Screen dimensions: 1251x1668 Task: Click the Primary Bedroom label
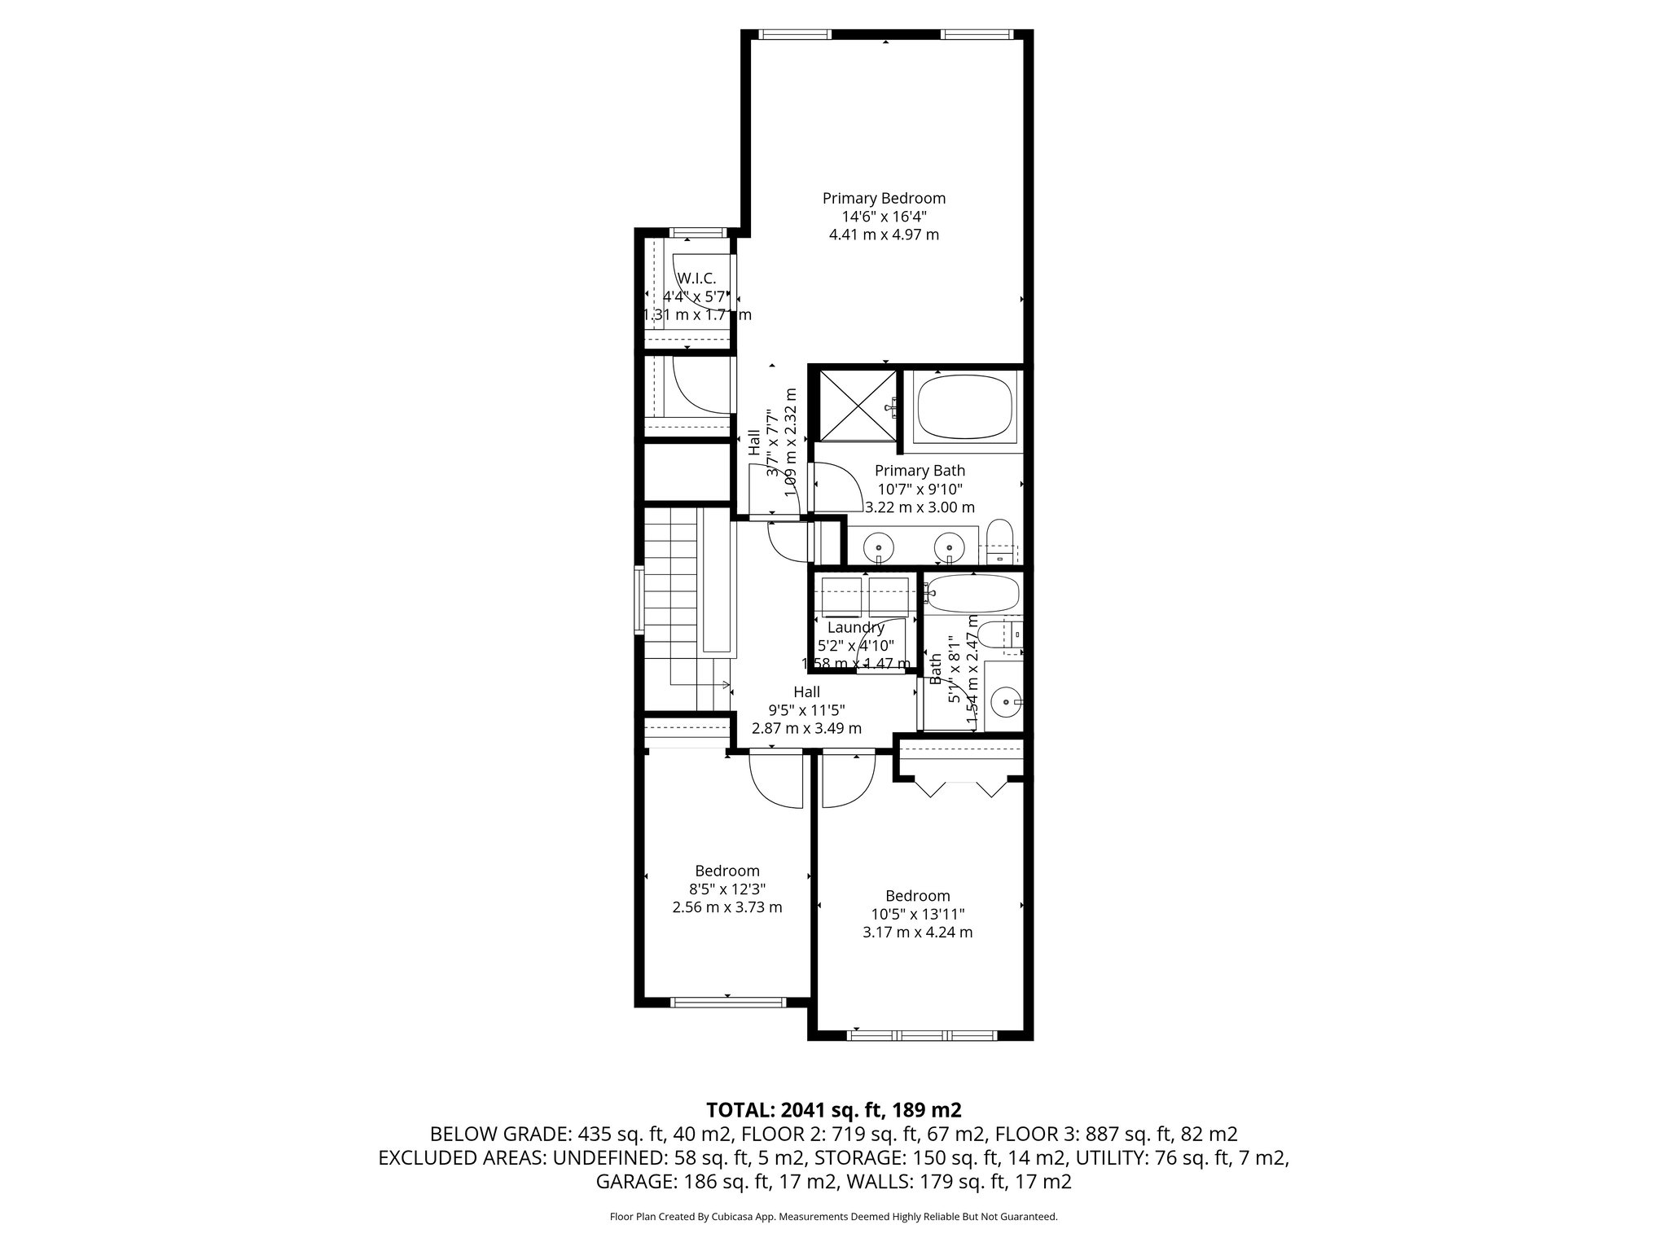884,198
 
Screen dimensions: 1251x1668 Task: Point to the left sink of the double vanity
878,544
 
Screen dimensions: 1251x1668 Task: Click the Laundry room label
855,628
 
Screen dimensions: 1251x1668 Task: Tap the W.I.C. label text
696,279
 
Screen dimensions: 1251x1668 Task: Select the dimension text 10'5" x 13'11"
917,914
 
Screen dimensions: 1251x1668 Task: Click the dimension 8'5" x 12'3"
726,889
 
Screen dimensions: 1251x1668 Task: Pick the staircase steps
670,603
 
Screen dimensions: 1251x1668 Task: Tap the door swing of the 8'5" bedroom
775,782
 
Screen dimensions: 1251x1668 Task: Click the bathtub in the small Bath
972,596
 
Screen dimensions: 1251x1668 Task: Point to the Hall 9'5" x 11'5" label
806,709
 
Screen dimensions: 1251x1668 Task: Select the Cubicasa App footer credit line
833,1217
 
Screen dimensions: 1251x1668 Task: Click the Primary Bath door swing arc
839,487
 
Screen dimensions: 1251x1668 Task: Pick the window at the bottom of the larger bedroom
922,1035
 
